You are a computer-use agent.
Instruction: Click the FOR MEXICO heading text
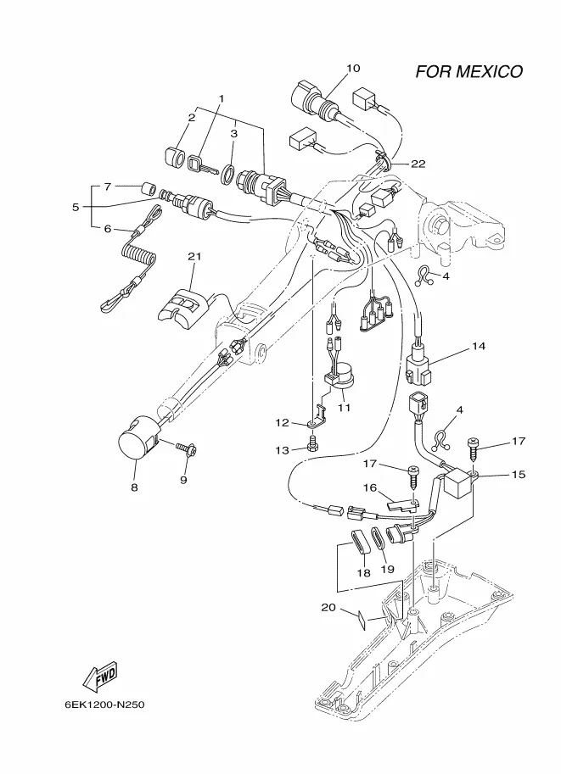click(468, 71)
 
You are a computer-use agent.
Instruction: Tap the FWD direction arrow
click(99, 677)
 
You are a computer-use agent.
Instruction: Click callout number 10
click(353, 68)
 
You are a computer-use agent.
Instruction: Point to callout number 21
click(194, 256)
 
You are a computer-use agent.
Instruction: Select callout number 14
click(479, 346)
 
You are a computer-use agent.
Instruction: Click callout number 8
click(134, 487)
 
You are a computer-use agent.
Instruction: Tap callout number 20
click(328, 607)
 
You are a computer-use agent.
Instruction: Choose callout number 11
click(344, 407)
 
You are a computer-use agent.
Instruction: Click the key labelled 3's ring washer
click(227, 175)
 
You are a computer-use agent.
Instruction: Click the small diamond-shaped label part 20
click(360, 619)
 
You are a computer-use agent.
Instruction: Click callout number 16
click(370, 487)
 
